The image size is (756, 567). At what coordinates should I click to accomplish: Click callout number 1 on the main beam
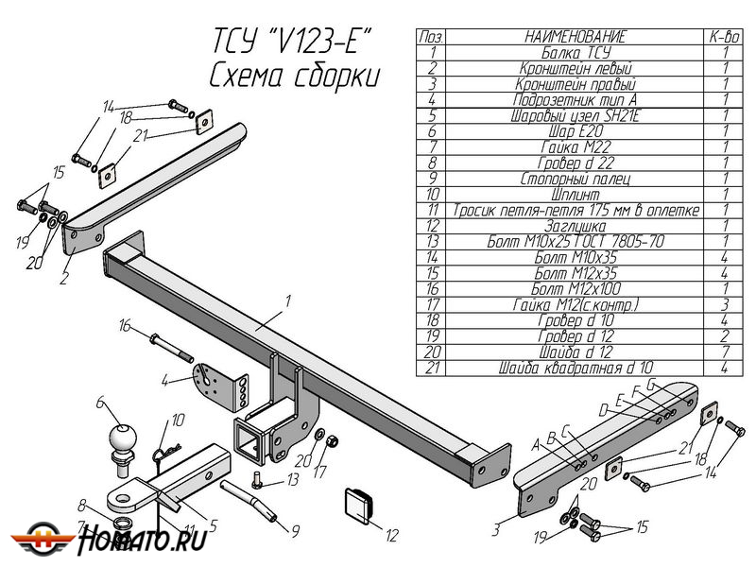click(287, 301)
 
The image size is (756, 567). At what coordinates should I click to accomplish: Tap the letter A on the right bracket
click(535, 442)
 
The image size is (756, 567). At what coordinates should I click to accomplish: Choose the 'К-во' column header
click(724, 37)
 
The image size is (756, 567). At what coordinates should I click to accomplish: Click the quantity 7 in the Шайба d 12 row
click(724, 352)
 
